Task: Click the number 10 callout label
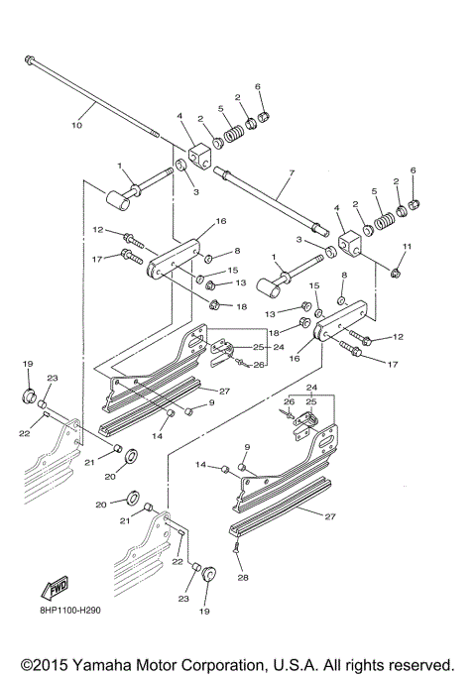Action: coord(76,126)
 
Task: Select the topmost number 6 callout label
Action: coord(259,87)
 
